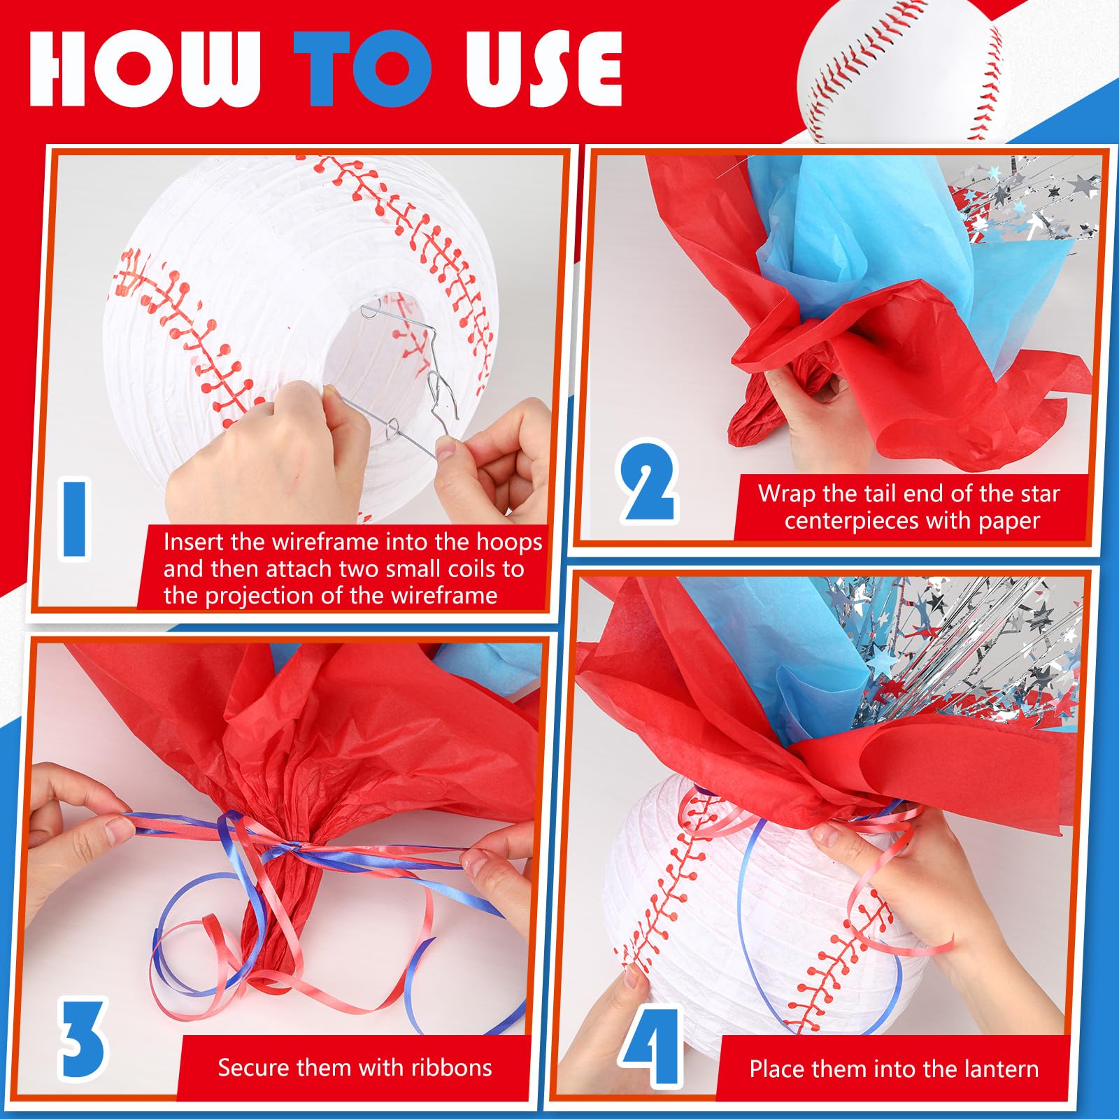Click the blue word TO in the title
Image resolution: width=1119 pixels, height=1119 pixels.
tap(362, 69)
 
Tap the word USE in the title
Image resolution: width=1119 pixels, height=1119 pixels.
tap(543, 69)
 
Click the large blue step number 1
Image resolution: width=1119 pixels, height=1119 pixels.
tap(75, 518)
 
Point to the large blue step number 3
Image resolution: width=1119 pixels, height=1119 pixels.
tap(83, 1041)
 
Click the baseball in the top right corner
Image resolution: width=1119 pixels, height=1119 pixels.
tap(902, 70)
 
